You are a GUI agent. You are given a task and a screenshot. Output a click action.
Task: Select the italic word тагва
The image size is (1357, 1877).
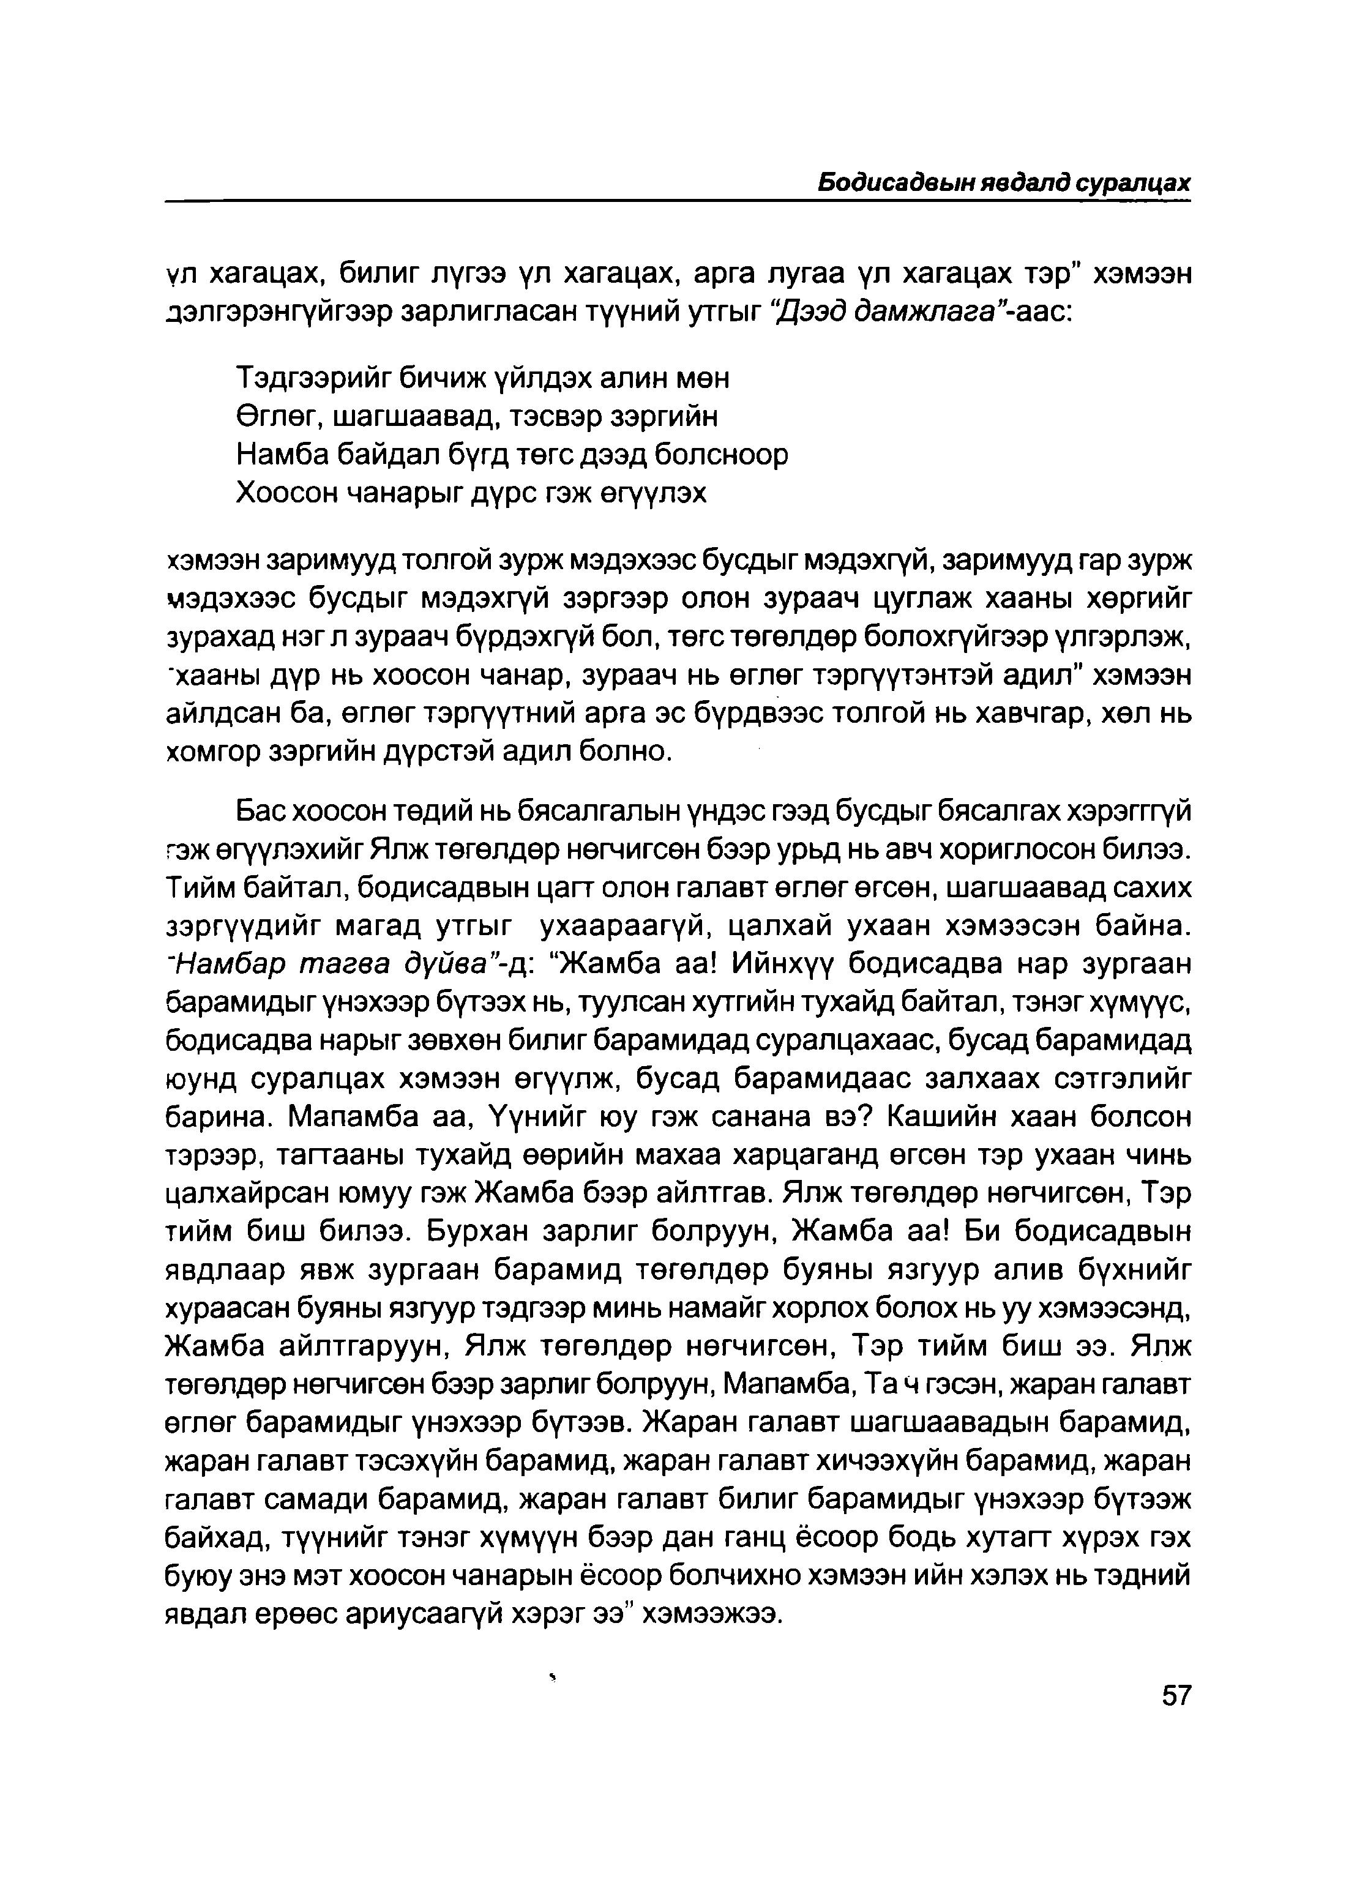pyautogui.click(x=367, y=965)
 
